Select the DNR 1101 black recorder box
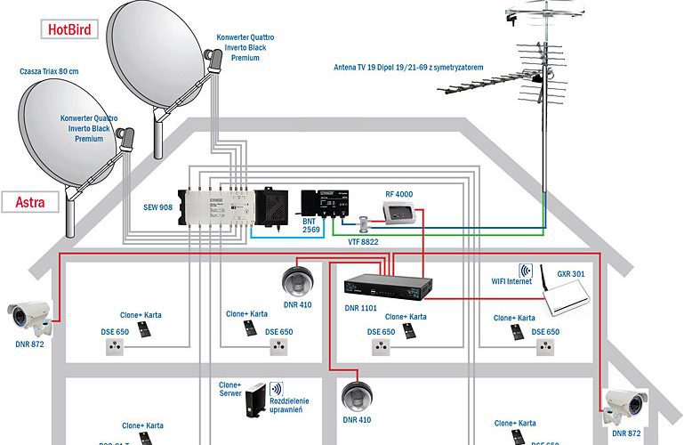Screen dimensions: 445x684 pyautogui.click(x=389, y=286)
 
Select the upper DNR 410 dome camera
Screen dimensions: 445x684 pyautogui.click(x=295, y=280)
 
